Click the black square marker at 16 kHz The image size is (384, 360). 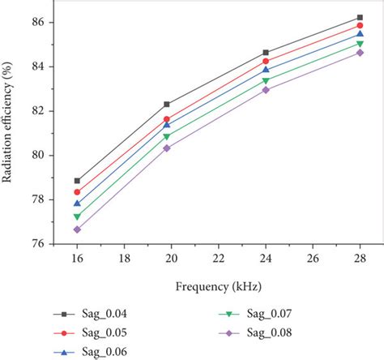point(77,181)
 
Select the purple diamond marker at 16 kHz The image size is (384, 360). point(77,229)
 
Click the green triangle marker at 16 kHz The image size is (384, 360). point(77,217)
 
